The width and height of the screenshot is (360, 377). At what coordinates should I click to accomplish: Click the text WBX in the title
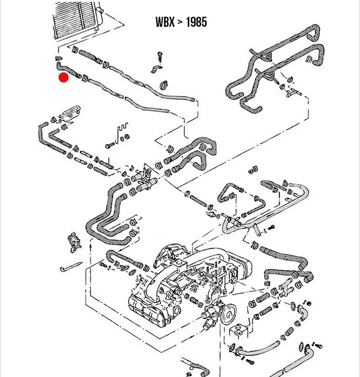[166, 22]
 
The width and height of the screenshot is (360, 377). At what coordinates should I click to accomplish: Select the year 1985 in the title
[196, 22]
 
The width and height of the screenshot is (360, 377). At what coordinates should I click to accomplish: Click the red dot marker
[64, 78]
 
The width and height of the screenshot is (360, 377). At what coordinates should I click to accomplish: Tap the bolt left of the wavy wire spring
[111, 145]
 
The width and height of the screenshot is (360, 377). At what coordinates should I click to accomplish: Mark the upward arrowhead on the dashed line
[91, 246]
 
